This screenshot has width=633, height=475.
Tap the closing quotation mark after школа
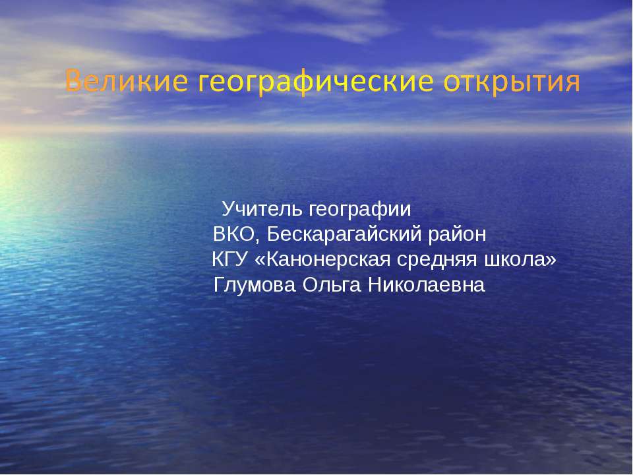coord(551,261)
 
